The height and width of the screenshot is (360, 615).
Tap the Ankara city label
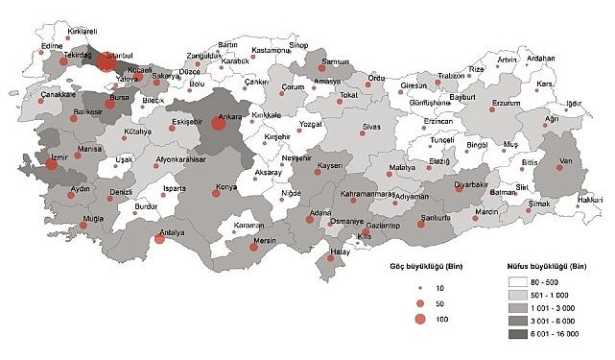coord(230,118)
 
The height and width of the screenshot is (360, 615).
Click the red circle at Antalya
coord(159,238)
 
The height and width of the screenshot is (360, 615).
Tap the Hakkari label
coord(590,199)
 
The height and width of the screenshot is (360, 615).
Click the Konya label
coord(226,184)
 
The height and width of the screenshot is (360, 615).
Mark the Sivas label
coord(370,128)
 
